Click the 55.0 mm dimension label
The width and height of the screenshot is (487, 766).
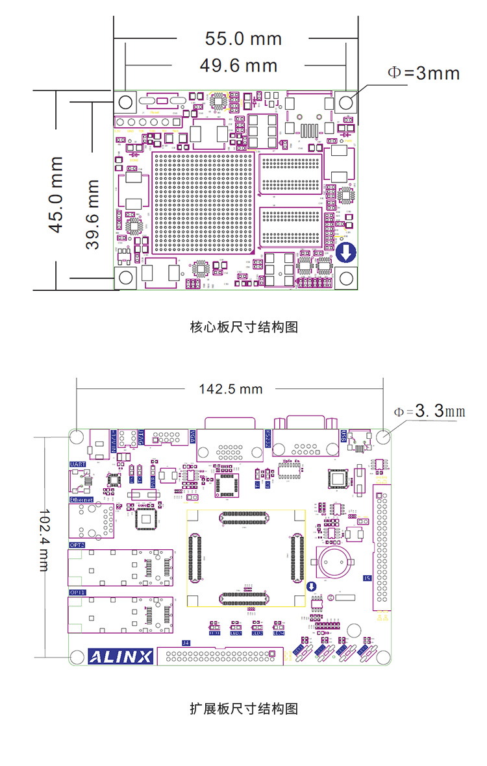click(243, 38)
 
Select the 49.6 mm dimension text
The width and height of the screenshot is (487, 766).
click(238, 65)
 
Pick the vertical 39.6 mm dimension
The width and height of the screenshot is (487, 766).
click(93, 215)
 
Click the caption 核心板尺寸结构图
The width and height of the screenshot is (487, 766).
click(243, 327)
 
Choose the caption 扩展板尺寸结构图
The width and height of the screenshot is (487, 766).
click(243, 708)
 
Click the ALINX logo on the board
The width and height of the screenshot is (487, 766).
click(120, 656)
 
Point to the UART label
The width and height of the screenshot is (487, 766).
click(77, 465)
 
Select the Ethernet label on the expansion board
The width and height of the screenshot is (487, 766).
click(81, 499)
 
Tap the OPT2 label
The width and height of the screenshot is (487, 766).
click(77, 545)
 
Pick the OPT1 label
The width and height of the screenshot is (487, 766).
click(77, 593)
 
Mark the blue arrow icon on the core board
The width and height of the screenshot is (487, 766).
click(345, 252)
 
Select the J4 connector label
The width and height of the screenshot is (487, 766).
click(186, 643)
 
